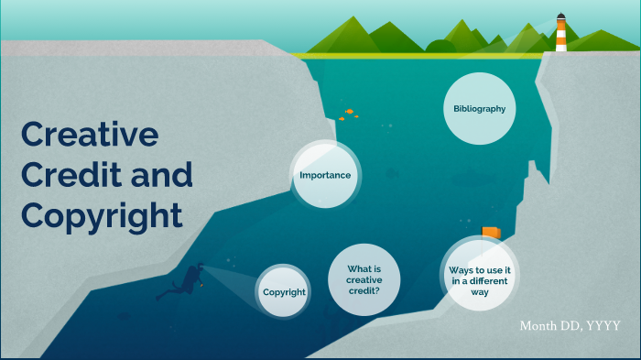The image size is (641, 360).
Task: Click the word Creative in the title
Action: tap(90, 136)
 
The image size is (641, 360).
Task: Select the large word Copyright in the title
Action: tap(102, 216)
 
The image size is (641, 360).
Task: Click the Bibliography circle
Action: tap(479, 109)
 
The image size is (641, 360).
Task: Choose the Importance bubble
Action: tap(325, 175)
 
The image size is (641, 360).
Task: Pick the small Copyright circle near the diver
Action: tap(284, 292)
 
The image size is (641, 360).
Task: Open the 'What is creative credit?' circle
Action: tap(364, 279)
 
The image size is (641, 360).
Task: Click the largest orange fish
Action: tap(349, 111)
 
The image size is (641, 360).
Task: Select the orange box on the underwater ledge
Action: tap(491, 233)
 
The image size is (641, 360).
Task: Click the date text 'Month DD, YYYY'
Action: tap(570, 326)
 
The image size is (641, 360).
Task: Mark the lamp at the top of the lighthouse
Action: tap(560, 19)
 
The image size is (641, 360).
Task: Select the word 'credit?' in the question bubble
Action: tap(364, 290)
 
